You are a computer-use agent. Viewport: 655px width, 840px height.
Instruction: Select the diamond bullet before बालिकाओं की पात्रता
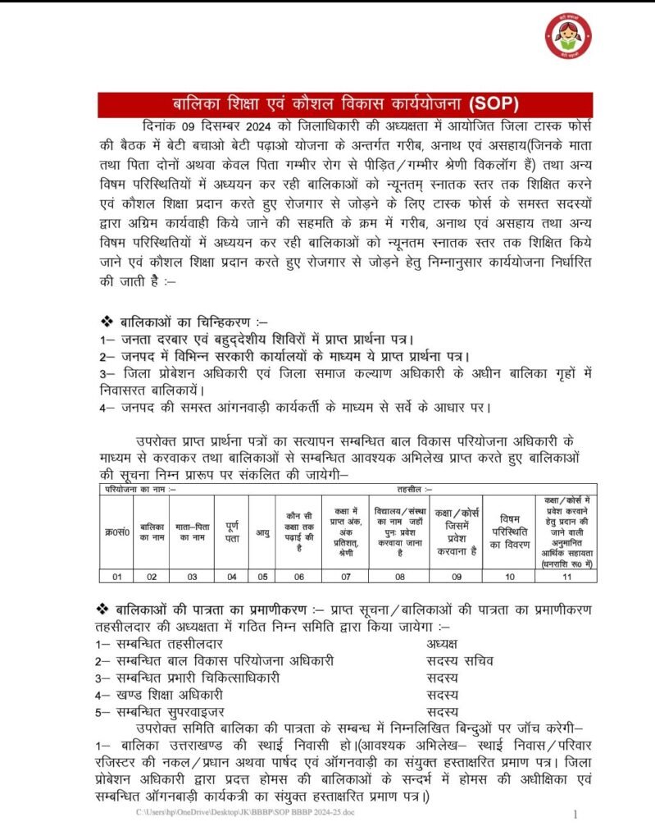coord(105,608)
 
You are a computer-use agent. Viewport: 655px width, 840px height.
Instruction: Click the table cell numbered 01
coord(117,577)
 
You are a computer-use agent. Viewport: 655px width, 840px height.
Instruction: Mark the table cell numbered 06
coord(298,577)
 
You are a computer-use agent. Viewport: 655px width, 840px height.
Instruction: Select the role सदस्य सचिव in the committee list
coord(460,661)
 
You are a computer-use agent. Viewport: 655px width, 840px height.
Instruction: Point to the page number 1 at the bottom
coord(575,815)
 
